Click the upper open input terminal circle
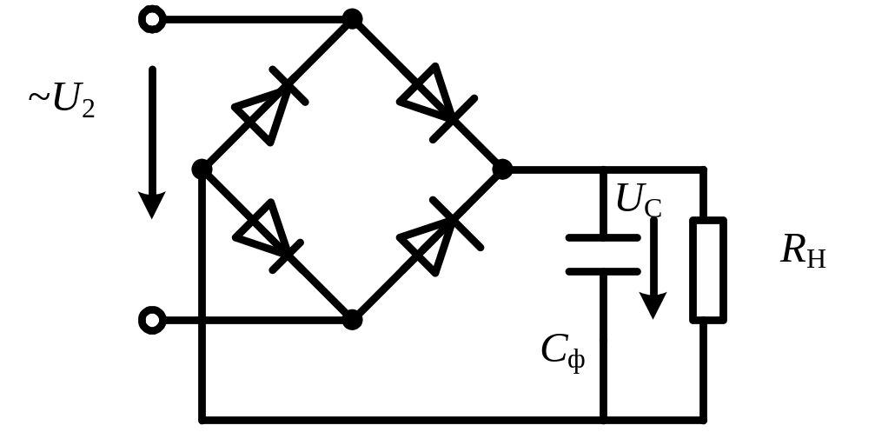(x=152, y=19)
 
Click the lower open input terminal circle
(x=152, y=321)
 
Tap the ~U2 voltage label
(x=61, y=101)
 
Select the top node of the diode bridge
(x=352, y=19)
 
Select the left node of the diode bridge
(x=202, y=169)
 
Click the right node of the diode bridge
(x=501, y=169)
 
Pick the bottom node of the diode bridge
(x=352, y=321)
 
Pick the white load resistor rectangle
(x=708, y=269)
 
